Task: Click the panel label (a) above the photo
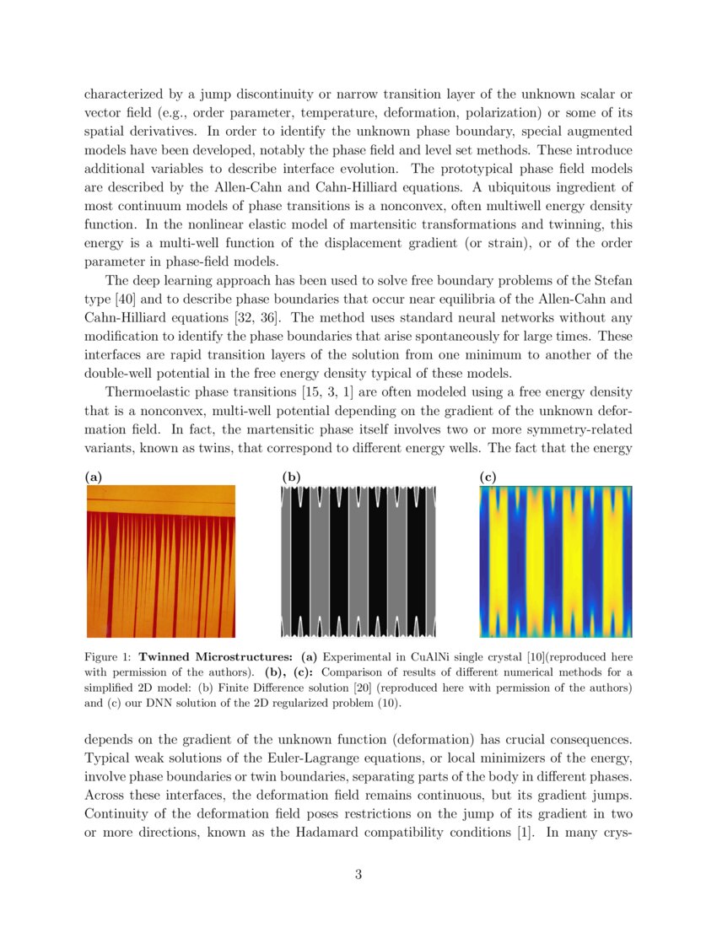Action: click(94, 477)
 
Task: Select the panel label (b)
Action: click(291, 477)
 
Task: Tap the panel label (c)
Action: click(488, 477)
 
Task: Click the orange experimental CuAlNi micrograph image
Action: click(161, 562)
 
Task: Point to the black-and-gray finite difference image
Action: click(358, 562)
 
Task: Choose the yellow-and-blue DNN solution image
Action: click(555, 562)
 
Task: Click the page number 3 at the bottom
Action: click(358, 874)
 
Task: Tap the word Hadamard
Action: click(425, 832)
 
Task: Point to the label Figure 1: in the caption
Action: click(109, 656)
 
